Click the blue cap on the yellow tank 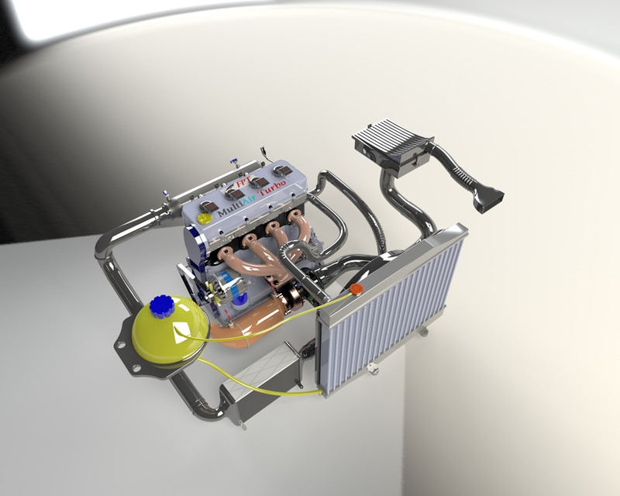click(164, 308)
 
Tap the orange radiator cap click(356, 289)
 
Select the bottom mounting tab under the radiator click(423, 331)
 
